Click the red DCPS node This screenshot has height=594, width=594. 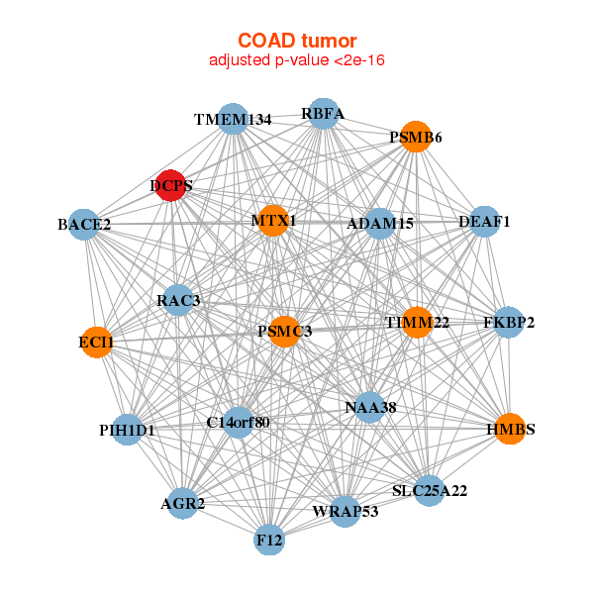171,185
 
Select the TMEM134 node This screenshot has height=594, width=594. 232,120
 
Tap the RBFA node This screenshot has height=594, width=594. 323,113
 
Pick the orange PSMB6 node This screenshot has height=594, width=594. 416,137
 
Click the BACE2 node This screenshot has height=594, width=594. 84,225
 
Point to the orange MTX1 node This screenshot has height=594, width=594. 273,220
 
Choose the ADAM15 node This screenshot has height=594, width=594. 380,224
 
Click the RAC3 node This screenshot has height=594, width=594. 178,300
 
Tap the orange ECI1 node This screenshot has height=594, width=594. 96,343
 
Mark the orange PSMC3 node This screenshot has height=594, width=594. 285,331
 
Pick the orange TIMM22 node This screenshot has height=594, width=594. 416,323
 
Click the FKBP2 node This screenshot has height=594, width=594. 508,322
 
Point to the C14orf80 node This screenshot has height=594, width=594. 238,423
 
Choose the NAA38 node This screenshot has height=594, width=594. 369,407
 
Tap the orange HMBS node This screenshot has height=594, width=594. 510,429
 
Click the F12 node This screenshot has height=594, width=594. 269,541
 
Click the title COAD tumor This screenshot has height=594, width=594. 297,41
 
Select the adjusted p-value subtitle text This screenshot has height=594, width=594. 297,60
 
